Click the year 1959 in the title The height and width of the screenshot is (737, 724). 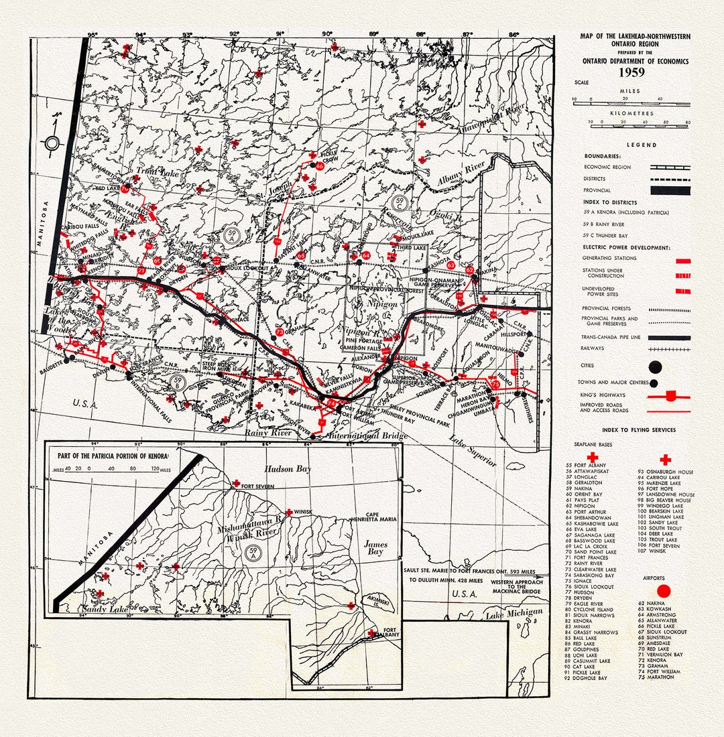[x=629, y=72]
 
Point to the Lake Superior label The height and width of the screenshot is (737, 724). [x=473, y=451]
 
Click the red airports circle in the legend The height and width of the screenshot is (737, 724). [x=664, y=591]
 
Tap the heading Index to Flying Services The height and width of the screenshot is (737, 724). [x=639, y=429]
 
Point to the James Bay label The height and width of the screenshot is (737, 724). [x=375, y=549]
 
